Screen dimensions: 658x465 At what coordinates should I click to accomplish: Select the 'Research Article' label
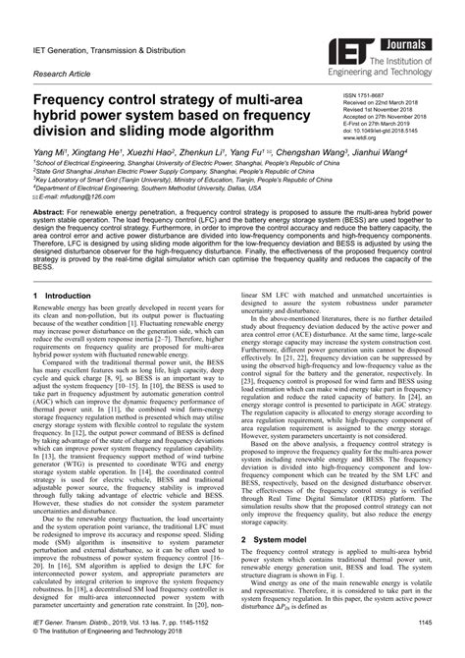coord(66,71)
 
